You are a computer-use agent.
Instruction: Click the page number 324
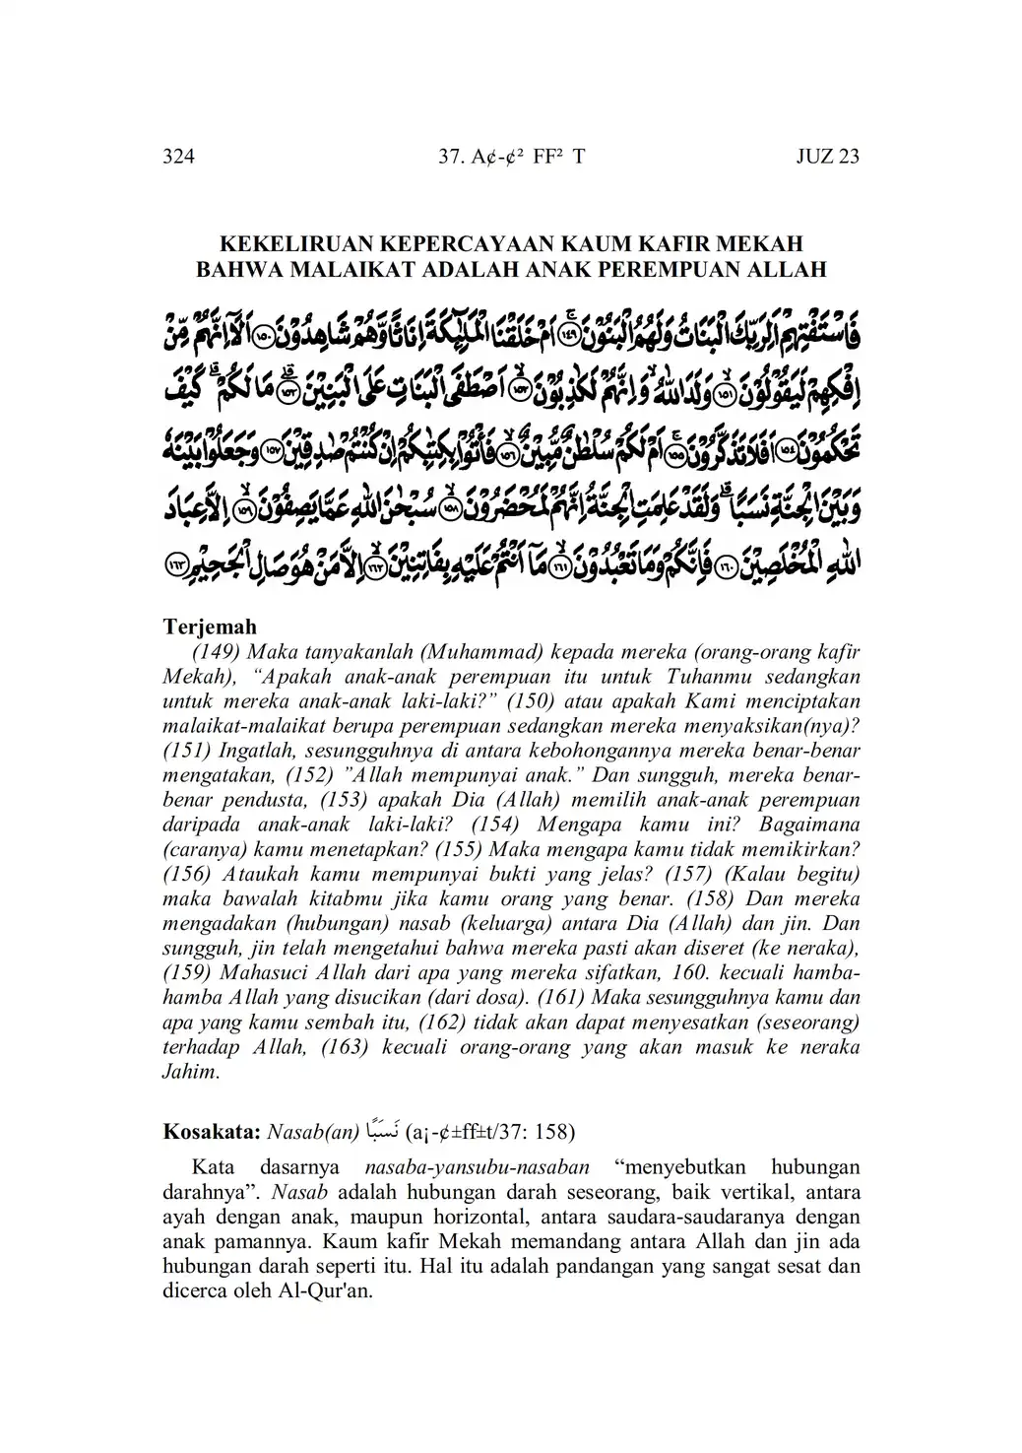point(178,157)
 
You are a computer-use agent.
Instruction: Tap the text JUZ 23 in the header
point(827,157)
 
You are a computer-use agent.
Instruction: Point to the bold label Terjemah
point(210,627)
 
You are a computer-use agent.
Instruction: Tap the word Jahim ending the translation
point(190,1072)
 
